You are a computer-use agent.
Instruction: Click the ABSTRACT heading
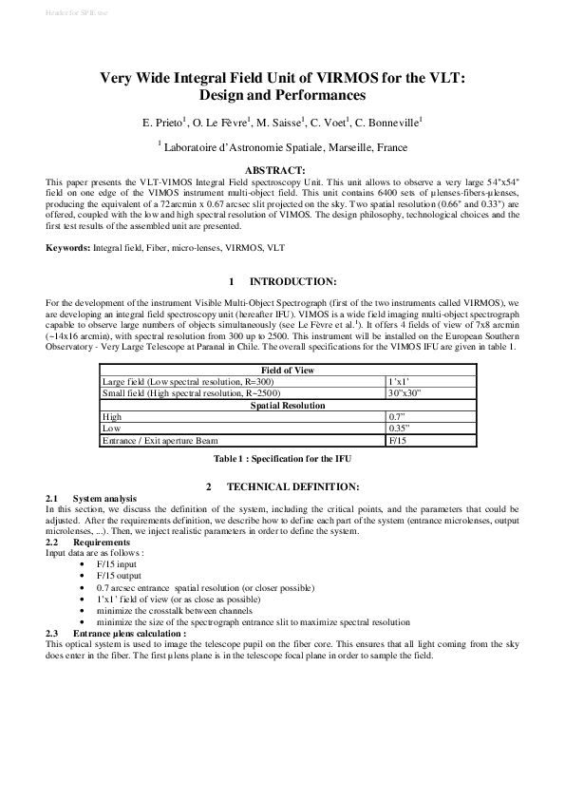point(282,169)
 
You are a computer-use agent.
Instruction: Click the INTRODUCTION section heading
point(292,282)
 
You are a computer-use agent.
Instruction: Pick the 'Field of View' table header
point(282,370)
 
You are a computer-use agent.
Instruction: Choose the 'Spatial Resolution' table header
point(282,405)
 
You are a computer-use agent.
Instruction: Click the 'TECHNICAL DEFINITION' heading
point(292,486)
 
